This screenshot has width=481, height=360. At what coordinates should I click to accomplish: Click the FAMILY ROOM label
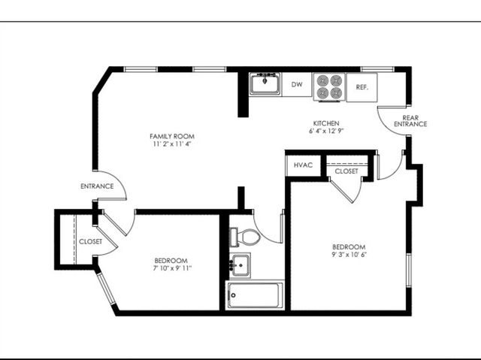[172, 136]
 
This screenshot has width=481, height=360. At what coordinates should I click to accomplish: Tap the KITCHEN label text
[326, 123]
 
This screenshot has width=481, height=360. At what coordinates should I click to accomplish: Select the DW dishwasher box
[297, 84]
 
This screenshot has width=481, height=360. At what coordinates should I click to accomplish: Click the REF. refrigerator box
[362, 87]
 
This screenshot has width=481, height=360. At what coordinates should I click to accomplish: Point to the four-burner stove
[329, 86]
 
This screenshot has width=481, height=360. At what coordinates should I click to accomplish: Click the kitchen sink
[265, 83]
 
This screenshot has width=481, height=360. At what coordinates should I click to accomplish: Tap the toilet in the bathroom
[245, 237]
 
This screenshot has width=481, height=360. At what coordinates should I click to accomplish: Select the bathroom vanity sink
[240, 265]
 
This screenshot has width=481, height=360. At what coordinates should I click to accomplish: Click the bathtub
[255, 295]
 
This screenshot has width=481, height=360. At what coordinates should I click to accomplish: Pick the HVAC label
[303, 165]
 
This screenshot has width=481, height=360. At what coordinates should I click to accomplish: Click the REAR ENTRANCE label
[410, 121]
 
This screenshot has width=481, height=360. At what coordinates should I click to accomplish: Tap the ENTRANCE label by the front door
[97, 186]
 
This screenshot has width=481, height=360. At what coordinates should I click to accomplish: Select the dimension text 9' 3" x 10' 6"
[349, 255]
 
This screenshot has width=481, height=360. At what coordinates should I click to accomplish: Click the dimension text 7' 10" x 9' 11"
[172, 268]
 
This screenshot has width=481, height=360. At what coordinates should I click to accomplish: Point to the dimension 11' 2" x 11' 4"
[172, 144]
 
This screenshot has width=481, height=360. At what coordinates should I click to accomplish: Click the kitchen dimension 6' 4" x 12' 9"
[326, 131]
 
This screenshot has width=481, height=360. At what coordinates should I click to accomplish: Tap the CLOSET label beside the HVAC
[346, 171]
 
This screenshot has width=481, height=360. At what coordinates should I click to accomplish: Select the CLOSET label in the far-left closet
[90, 242]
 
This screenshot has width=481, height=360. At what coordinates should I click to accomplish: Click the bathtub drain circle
[233, 295]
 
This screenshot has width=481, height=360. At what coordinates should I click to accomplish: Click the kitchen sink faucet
[265, 78]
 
